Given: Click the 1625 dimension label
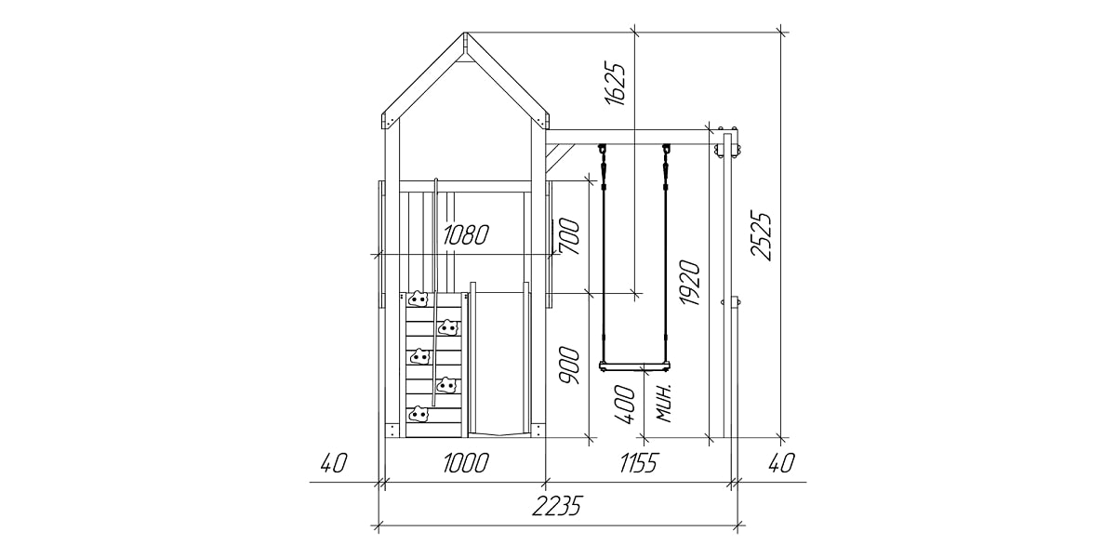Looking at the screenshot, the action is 615,84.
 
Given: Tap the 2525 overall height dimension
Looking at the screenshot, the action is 761,236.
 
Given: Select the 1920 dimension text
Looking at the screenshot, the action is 689,282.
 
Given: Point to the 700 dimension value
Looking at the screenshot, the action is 569,236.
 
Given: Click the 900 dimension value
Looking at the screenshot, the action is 569,365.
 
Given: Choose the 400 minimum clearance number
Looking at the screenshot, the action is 625,405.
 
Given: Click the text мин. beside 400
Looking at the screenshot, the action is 665,403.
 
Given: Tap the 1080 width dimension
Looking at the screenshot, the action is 466,234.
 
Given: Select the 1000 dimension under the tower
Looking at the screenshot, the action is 466,463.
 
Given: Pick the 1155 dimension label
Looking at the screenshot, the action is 639,463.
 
